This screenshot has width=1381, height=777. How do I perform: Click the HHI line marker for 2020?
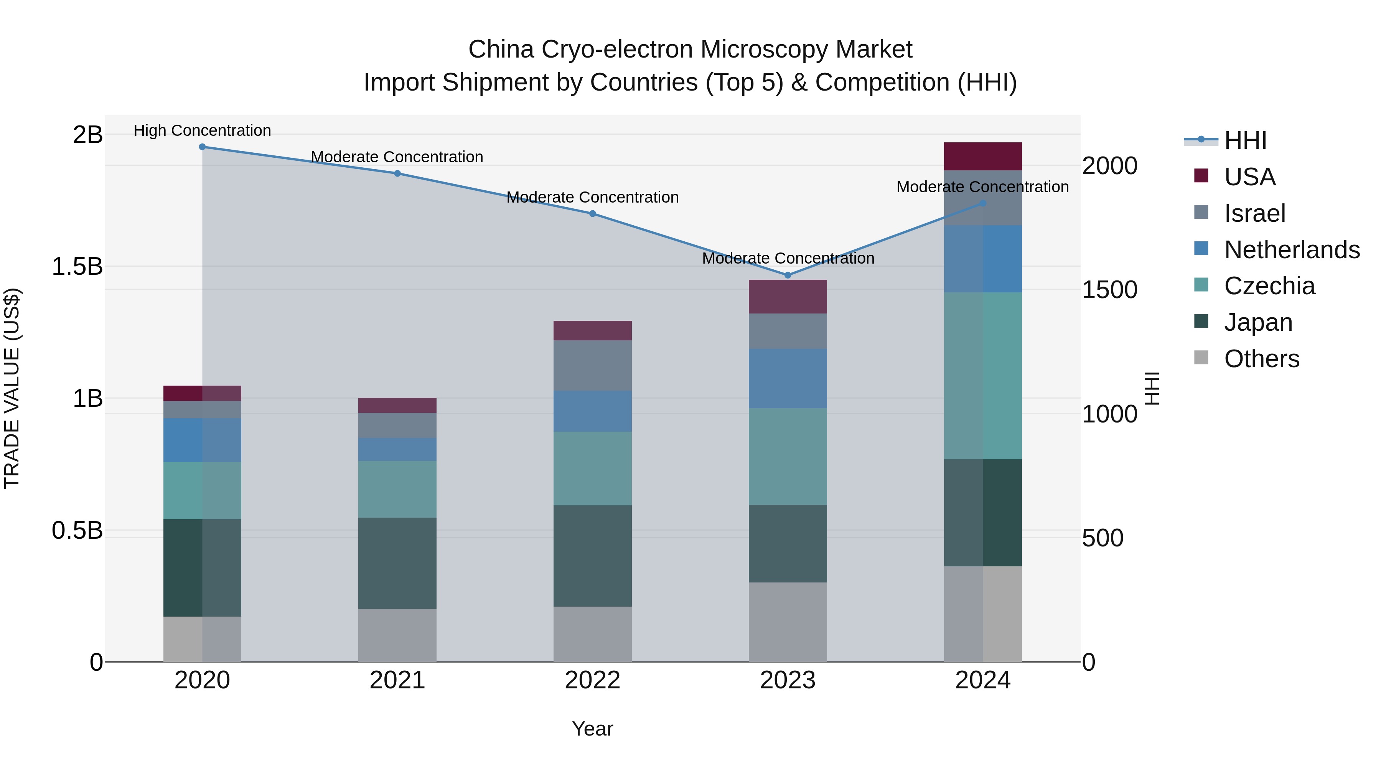[202, 147]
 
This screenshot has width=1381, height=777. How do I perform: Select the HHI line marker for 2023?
[788, 275]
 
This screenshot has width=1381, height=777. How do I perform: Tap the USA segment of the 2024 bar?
[983, 157]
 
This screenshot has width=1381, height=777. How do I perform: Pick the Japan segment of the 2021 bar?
[397, 563]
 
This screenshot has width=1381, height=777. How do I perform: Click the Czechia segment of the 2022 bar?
[592, 468]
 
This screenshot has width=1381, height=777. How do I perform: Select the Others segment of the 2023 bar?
[788, 622]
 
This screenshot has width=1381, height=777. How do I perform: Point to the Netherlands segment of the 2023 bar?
[788, 379]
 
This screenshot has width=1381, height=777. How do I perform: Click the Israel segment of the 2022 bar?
[592, 366]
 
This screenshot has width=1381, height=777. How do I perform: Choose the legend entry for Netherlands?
[1292, 250]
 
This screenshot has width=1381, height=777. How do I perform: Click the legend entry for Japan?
[1258, 322]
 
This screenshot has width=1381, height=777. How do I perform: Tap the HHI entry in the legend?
[1245, 140]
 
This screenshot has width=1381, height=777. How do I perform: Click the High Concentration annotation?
[202, 130]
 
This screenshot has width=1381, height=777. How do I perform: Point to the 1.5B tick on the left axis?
[77, 267]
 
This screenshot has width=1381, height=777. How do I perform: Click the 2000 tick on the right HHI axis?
[1109, 166]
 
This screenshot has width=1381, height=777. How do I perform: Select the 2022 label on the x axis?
[592, 680]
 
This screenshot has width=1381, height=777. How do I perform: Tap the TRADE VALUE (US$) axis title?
[12, 388]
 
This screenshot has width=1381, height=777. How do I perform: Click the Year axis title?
[592, 729]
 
